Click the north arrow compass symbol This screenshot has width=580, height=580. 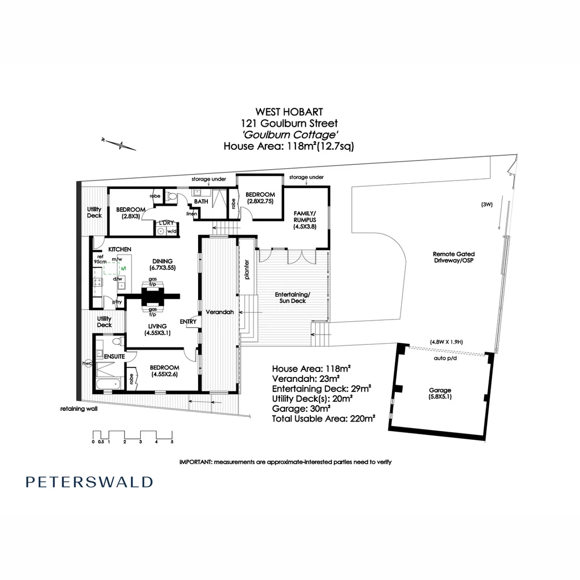(119, 144)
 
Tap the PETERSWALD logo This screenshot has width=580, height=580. (89, 482)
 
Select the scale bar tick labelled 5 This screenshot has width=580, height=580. (172, 441)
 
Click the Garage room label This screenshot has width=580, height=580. (440, 393)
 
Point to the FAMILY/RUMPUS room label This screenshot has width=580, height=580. (305, 220)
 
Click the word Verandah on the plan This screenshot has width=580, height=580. (220, 312)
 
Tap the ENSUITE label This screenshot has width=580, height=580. (114, 357)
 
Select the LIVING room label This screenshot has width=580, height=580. (157, 329)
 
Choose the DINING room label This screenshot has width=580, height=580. (162, 264)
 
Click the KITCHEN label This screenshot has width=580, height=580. (119, 249)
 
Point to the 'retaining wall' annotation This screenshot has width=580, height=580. (79, 409)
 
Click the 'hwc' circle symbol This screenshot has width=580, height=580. (88, 363)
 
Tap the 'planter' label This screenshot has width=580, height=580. (247, 269)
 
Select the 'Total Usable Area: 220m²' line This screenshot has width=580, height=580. (324, 419)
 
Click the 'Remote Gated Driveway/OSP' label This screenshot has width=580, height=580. (453, 257)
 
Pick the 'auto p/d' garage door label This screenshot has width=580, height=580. (445, 358)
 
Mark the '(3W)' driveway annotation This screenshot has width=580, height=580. (487, 204)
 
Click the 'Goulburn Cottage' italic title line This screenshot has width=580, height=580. (289, 135)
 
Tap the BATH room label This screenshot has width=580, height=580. (201, 201)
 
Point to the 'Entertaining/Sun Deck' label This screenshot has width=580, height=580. (293, 298)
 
